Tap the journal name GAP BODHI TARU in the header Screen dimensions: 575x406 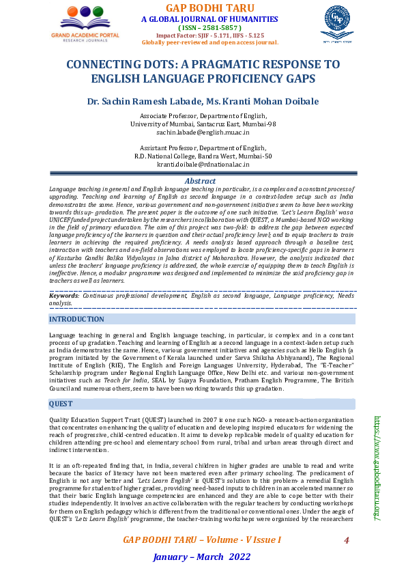pyautogui.click(x=209, y=8)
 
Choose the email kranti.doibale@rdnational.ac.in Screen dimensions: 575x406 pyautogui.click(x=203, y=165)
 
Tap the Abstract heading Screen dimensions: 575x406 pyautogui.click(x=201, y=181)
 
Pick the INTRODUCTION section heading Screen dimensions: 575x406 pyautogui.click(x=77, y=319)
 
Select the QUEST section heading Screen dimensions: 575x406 pyautogui.click(x=61, y=404)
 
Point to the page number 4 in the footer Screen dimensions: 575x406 pyautogui.click(x=346, y=540)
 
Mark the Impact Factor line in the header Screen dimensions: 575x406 pyautogui.click(x=209, y=35)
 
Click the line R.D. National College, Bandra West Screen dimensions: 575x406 pyautogui.click(x=203, y=156)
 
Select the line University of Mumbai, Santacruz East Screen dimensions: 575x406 pyautogui.click(x=203, y=124)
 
